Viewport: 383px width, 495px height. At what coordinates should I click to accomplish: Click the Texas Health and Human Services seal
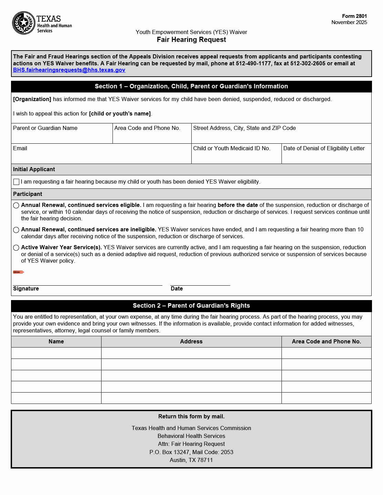click(x=24, y=23)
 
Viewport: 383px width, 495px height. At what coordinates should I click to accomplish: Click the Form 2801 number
click(x=354, y=16)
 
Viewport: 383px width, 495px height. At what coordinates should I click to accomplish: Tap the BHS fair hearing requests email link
click(x=69, y=70)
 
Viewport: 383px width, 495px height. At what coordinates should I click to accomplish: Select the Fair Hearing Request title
click(x=191, y=40)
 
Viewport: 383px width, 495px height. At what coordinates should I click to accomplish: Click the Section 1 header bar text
click(x=191, y=87)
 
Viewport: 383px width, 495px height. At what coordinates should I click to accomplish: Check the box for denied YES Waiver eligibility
click(x=16, y=182)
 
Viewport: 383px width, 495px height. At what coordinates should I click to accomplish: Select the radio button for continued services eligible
click(x=16, y=206)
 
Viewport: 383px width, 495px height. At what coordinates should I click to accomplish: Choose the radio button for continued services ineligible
click(x=16, y=230)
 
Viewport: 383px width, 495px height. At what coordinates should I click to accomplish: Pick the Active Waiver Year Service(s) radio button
click(x=16, y=248)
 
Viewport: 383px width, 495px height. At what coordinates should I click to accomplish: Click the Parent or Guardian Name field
click(x=62, y=136)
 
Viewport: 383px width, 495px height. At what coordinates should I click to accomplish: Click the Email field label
click(x=20, y=148)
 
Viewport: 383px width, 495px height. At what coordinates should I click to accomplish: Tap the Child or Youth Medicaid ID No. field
click(x=236, y=157)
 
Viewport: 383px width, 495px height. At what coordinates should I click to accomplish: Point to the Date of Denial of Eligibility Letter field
click(x=326, y=157)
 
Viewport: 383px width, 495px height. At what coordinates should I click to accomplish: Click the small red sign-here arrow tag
click(x=18, y=272)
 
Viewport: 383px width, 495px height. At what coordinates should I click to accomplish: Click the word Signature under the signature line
click(x=26, y=289)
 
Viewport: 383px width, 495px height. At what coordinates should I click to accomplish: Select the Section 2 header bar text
click(x=191, y=306)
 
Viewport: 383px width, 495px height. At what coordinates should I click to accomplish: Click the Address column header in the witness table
click(x=191, y=342)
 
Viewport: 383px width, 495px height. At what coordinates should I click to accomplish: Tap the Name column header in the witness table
click(x=56, y=342)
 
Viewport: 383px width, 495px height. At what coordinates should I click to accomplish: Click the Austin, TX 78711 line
click(x=191, y=460)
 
